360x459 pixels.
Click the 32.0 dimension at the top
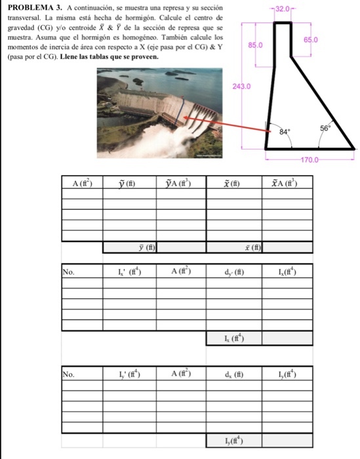point(283,9)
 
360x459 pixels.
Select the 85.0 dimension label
point(256,45)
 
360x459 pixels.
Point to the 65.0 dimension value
point(311,40)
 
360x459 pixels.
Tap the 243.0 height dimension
point(241,87)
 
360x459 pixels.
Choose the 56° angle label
point(325,128)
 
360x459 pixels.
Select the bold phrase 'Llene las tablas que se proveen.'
point(109,57)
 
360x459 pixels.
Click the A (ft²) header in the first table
point(83,184)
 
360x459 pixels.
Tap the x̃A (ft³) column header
point(284,183)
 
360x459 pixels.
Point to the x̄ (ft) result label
point(253,248)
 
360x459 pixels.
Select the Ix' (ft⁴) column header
point(130,272)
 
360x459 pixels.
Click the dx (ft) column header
point(234,374)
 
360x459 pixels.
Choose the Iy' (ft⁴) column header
point(130,374)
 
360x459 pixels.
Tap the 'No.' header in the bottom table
point(68,374)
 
